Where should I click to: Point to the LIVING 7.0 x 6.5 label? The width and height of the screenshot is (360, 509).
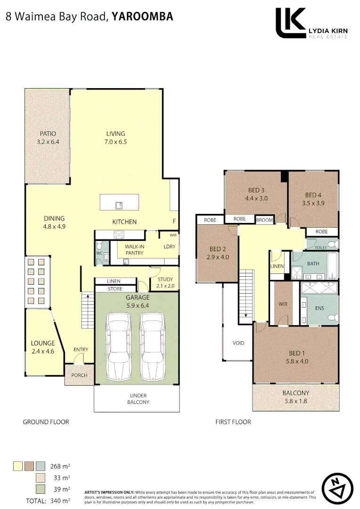click(x=115, y=138)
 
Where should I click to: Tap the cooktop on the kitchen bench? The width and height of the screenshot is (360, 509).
click(x=118, y=234)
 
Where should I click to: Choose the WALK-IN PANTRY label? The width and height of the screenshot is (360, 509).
click(x=134, y=250)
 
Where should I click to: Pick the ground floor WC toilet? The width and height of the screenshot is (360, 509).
click(x=98, y=246)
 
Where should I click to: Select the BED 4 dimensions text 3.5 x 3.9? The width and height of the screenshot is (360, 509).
click(x=313, y=203)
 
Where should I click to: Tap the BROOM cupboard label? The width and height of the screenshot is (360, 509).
click(x=264, y=220)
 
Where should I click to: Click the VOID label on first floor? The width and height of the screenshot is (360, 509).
click(x=238, y=343)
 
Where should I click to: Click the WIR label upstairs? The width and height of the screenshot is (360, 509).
click(x=283, y=304)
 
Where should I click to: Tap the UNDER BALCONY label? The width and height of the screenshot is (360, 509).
click(x=138, y=399)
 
